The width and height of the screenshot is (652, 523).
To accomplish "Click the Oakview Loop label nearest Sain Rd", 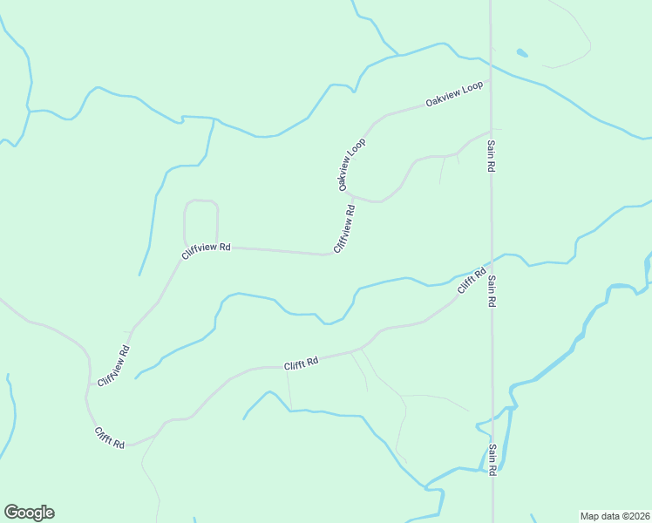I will coord(454,96).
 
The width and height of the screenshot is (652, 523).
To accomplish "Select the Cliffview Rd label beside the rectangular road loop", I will coord(206,249).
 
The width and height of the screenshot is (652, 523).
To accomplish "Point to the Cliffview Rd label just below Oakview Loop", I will coord(343,228).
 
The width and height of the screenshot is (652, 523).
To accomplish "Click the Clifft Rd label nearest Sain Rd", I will coord(470,281).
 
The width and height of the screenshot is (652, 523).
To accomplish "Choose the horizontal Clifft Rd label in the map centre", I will coord(301,363).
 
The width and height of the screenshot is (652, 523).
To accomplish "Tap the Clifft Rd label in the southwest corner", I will coord(110,438).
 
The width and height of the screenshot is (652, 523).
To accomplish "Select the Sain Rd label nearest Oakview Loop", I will coord(492,155).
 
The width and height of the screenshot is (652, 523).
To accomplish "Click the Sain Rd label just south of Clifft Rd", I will coord(492,290).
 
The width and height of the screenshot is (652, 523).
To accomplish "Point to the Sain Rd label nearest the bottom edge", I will coord(492,459).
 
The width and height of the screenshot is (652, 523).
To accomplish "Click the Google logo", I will coord(29,513).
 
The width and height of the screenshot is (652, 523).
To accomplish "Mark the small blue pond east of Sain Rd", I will coord(521,53).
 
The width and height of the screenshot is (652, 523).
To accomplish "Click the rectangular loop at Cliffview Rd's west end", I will coord(200,222).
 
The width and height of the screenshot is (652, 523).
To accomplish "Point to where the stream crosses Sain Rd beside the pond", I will coord(491,65).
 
